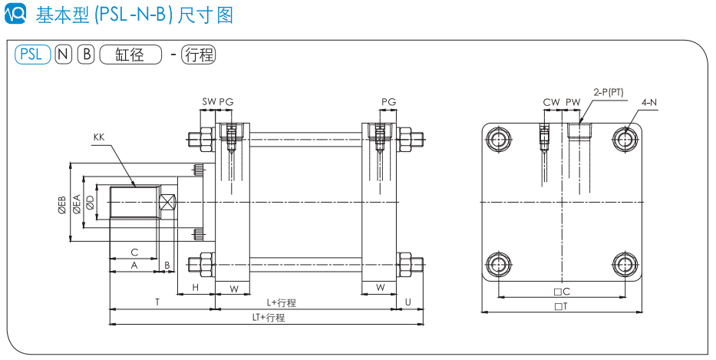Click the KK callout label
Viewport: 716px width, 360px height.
coord(98,137)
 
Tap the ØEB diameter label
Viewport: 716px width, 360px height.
coord(61,205)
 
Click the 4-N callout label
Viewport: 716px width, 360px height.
coord(649,101)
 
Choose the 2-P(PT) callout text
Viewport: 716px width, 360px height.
coord(609,92)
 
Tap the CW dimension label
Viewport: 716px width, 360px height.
coord(551,101)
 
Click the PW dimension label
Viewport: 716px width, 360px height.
coord(573,101)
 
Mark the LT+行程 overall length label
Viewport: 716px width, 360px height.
coord(269,317)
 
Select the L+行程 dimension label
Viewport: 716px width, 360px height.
coord(282,303)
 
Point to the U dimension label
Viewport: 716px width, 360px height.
coord(408,303)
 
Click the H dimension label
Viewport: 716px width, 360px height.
coord(196,287)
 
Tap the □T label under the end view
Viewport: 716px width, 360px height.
coord(560,306)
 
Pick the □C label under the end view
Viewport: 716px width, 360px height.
coord(562,292)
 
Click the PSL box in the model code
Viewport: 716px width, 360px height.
coord(32,54)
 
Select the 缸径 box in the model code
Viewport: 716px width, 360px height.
coord(130,54)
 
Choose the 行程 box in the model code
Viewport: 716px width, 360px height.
coord(199,54)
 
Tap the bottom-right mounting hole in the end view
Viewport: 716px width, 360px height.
coord(625,264)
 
